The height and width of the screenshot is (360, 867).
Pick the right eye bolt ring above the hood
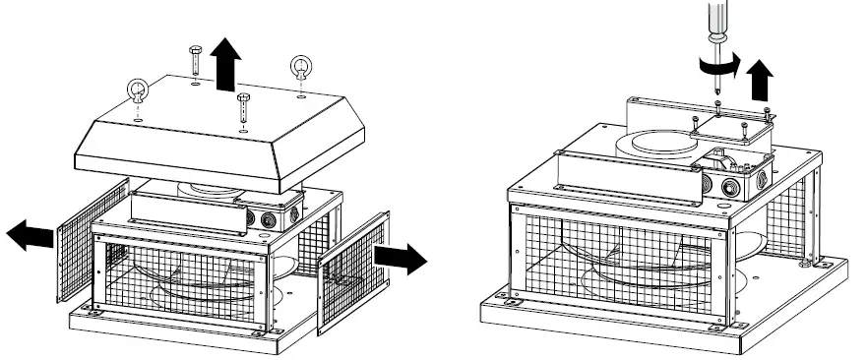coord(300,67)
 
